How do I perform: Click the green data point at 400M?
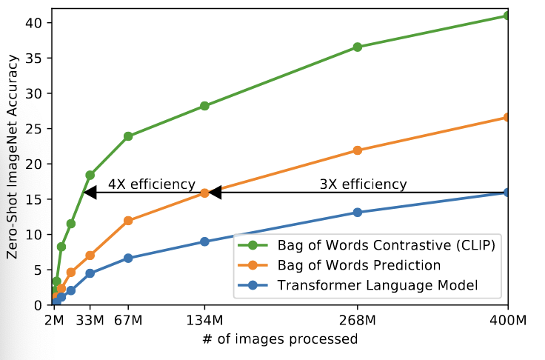(x=507, y=16)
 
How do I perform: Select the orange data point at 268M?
(x=358, y=150)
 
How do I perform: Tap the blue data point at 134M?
(x=204, y=241)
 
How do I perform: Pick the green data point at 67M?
(x=128, y=136)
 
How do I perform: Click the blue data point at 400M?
(x=507, y=193)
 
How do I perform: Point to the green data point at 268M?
(x=358, y=47)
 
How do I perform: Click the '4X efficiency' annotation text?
(x=151, y=184)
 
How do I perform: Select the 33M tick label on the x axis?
(x=91, y=321)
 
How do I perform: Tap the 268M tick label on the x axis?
(x=358, y=321)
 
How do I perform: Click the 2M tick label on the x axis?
(x=53, y=321)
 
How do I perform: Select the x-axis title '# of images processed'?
(x=280, y=340)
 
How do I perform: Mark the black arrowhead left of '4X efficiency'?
(x=90, y=193)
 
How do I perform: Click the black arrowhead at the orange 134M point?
(x=215, y=193)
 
